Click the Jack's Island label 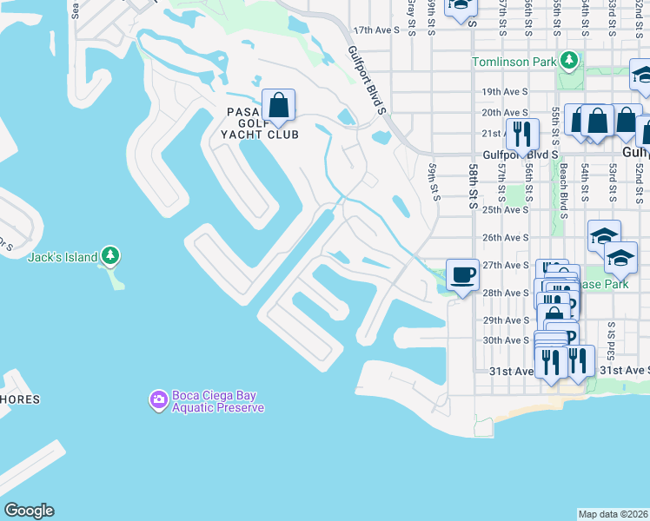tap(61, 257)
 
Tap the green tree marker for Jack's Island tap(110, 255)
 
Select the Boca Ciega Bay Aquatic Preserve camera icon tap(157, 399)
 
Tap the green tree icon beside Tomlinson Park tap(568, 61)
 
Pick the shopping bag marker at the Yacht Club tap(279, 107)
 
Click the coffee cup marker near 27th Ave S tap(462, 276)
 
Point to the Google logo tap(29, 511)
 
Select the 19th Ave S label tap(505, 91)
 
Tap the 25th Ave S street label tap(505, 209)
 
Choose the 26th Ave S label tap(505, 237)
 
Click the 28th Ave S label tap(505, 293)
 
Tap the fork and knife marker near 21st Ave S tap(522, 134)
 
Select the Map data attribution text tap(613, 514)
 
